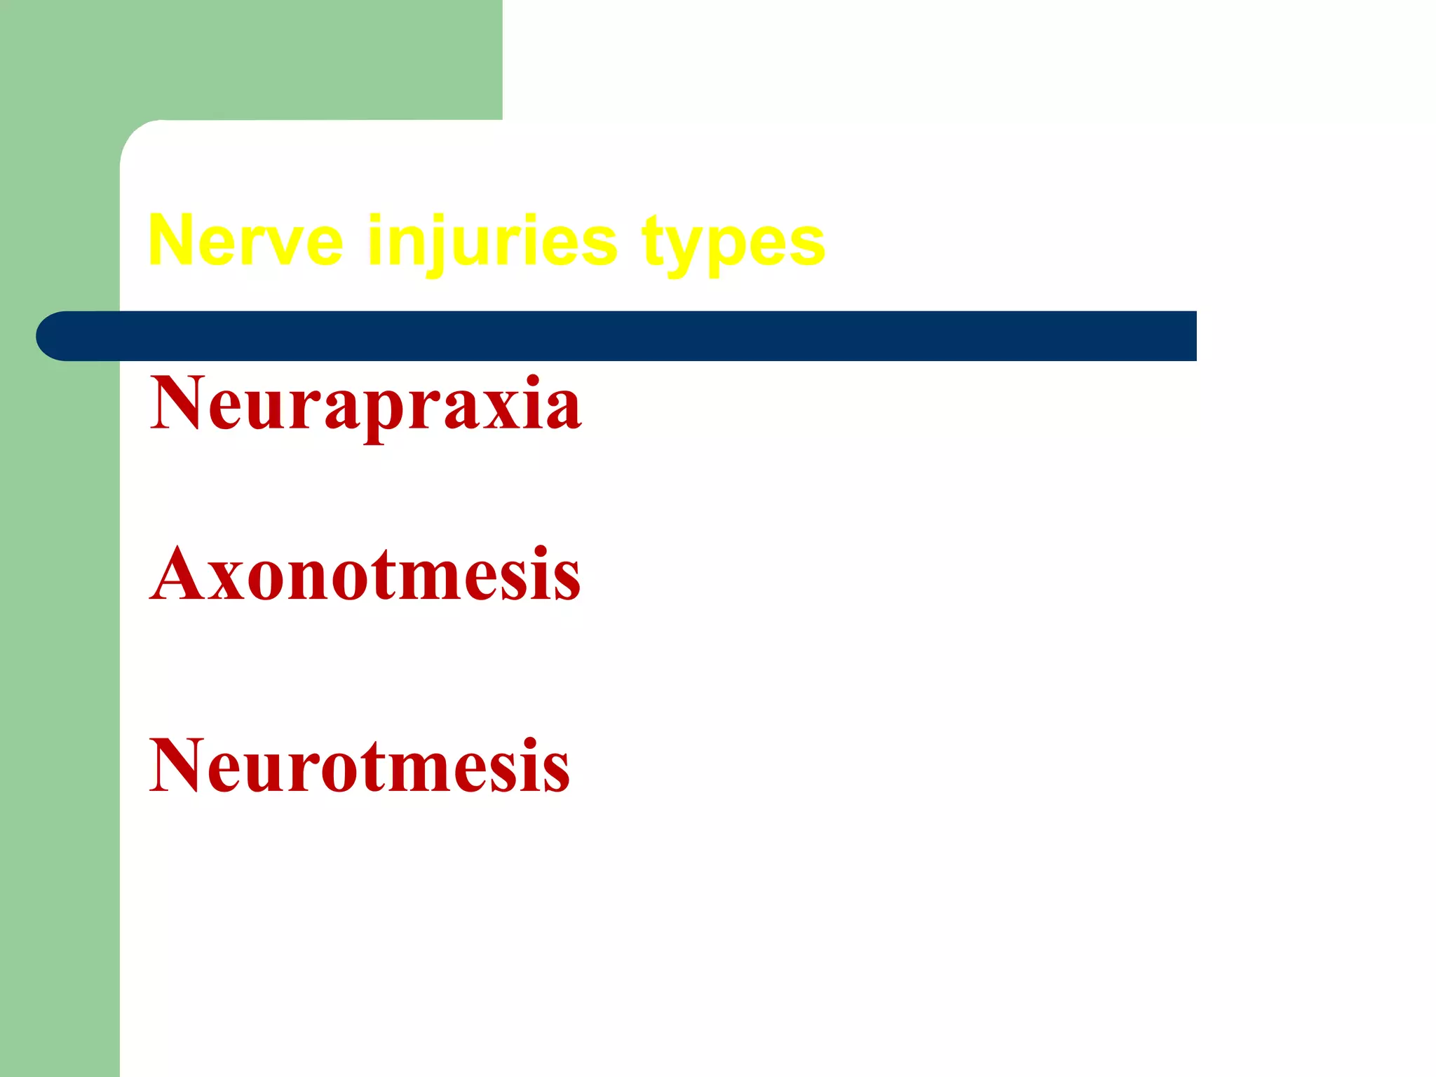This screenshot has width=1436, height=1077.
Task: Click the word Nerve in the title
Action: click(x=245, y=241)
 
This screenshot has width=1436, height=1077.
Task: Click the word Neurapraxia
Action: click(x=365, y=405)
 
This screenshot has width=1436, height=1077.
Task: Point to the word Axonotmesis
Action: click(x=365, y=575)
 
